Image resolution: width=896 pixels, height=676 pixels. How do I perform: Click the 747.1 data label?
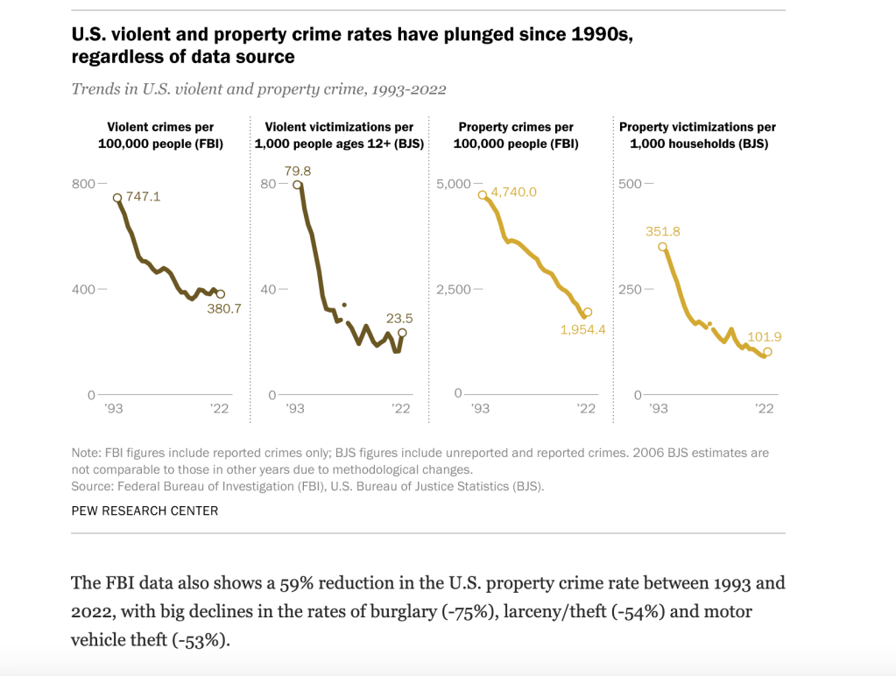tap(144, 197)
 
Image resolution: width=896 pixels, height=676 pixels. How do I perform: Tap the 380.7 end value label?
tap(223, 308)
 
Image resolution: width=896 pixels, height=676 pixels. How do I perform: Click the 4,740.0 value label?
tap(513, 192)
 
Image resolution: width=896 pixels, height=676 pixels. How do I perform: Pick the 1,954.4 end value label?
tap(583, 329)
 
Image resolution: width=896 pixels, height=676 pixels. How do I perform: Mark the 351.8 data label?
tap(663, 231)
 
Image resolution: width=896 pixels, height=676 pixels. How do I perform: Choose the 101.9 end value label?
tap(765, 337)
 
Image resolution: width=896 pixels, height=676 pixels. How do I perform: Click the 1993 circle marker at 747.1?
tap(117, 198)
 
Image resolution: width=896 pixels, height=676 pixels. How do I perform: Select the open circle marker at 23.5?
tap(402, 333)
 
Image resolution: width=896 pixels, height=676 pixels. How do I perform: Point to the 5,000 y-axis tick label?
tap(453, 183)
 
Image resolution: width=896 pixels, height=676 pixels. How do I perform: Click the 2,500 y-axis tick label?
tap(453, 289)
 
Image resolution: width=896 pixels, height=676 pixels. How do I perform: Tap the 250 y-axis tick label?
tap(631, 289)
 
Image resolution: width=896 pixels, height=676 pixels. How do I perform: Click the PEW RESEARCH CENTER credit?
tap(145, 511)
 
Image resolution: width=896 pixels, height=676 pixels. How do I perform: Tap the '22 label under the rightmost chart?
tap(764, 408)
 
